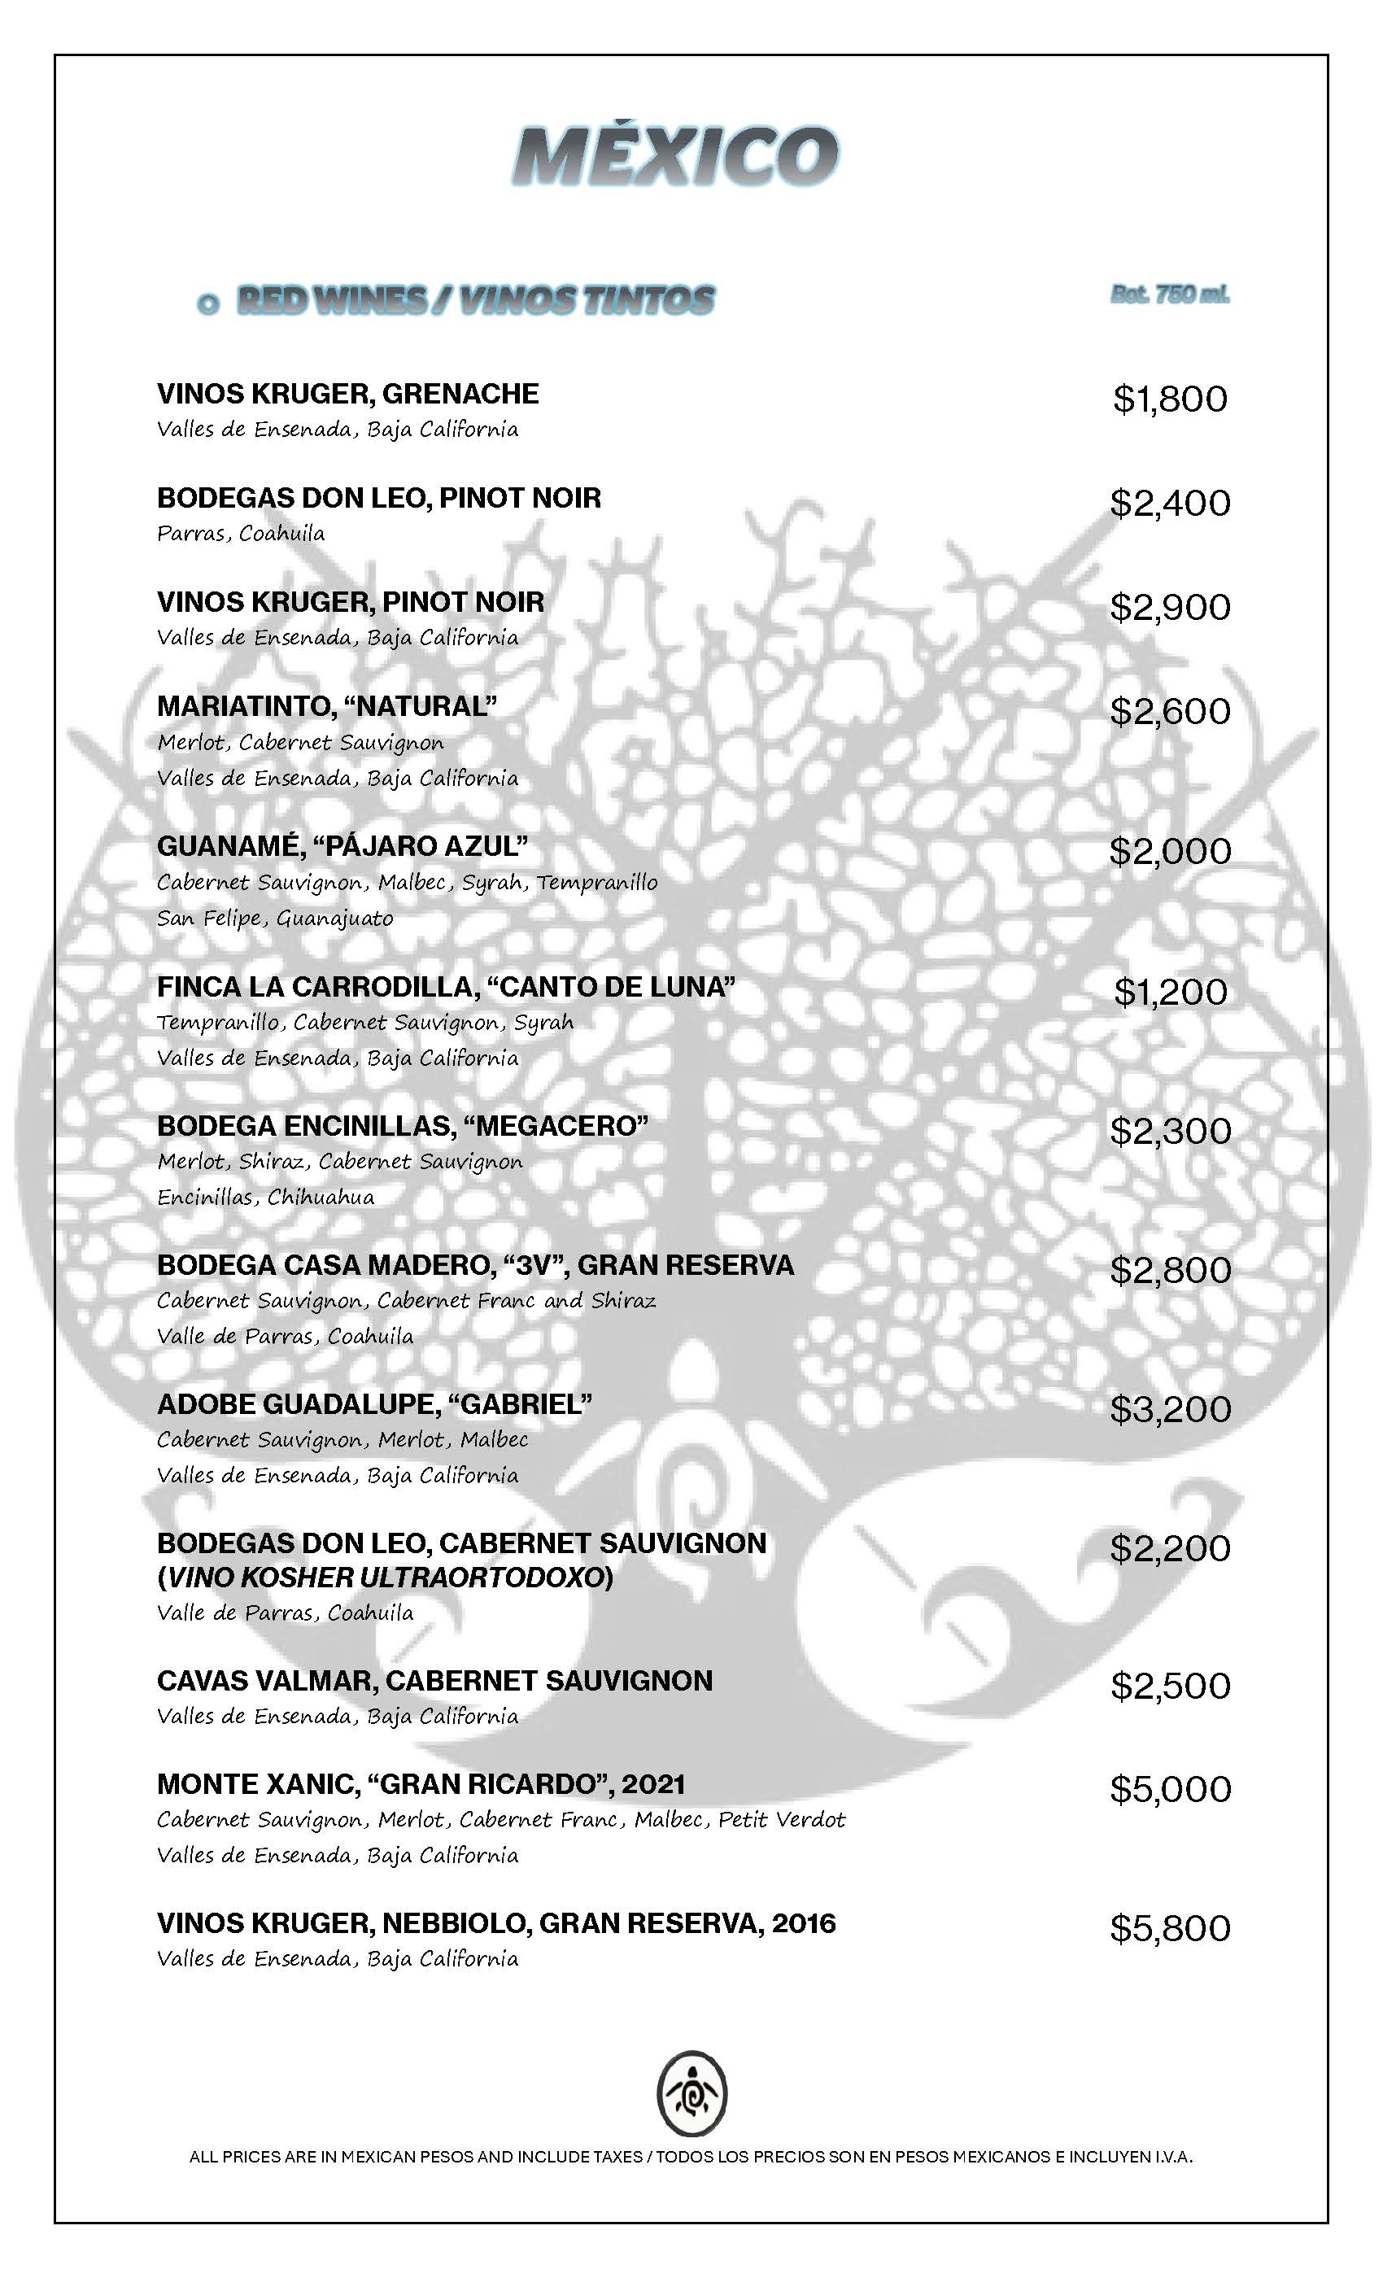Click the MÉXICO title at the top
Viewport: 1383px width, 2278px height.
coord(676,155)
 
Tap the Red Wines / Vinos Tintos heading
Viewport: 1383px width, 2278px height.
coord(475,299)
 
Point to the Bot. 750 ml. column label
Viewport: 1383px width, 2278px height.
coord(1170,295)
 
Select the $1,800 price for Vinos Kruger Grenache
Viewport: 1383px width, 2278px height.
coord(1170,399)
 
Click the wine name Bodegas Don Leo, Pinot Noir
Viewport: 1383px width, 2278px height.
coord(379,498)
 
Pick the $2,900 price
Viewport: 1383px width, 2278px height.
coord(1170,606)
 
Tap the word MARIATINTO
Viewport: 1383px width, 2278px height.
coord(242,706)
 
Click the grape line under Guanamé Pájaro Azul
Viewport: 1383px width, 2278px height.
coord(407,883)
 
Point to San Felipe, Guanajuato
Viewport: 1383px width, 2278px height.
coord(275,919)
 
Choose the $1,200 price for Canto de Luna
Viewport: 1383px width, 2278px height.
coord(1170,992)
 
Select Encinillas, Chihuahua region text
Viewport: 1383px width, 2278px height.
coord(265,1198)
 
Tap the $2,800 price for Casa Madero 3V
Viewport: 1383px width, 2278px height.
coord(1170,1270)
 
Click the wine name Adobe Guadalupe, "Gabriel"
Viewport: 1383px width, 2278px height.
coord(374,1404)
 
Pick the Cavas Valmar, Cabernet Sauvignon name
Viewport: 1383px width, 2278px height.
coord(434,1681)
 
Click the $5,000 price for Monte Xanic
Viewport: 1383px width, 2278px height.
coord(1170,1789)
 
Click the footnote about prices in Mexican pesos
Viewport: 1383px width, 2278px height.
coord(691,2157)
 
